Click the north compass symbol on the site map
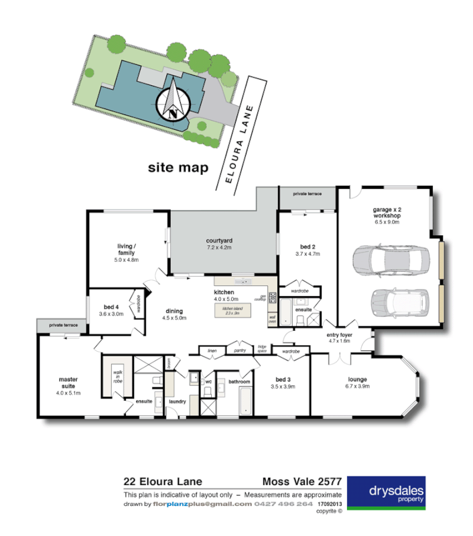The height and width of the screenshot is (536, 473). coord(174,101)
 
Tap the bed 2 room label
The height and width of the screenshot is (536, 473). coord(308,250)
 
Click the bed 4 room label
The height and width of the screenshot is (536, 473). coord(111,310)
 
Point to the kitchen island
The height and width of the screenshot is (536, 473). coord(232,310)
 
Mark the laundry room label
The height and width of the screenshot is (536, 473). coord(177,401)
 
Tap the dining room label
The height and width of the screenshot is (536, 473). coord(174,314)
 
